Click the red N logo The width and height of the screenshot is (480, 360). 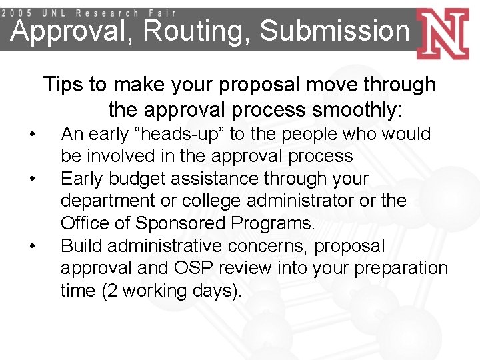coord(446,33)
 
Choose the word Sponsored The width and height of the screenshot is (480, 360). coord(169,223)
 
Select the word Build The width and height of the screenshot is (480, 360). coord(81,246)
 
